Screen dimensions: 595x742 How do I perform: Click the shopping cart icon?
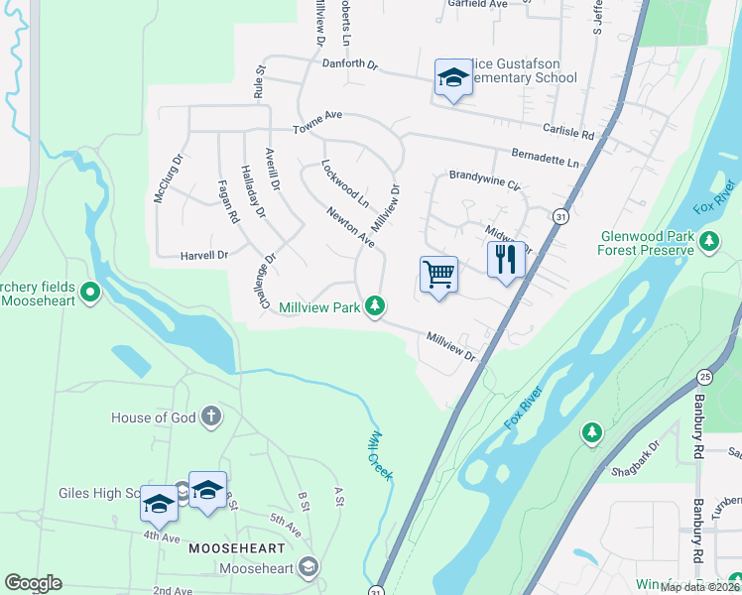(x=438, y=274)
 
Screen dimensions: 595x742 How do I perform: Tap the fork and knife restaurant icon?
(x=506, y=260)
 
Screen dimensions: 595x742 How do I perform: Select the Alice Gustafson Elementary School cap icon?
(x=452, y=77)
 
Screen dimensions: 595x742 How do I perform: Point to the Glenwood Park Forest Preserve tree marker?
(x=709, y=241)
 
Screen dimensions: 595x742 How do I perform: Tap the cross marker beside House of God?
(x=210, y=416)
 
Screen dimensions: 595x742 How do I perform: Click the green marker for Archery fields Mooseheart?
(x=90, y=293)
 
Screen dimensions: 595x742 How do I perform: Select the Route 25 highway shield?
(x=704, y=377)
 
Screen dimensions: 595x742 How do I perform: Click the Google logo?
(x=33, y=583)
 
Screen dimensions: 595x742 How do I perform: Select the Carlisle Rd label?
(x=567, y=132)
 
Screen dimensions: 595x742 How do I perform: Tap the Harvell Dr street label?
(x=204, y=255)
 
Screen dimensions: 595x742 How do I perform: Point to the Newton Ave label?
(x=351, y=227)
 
